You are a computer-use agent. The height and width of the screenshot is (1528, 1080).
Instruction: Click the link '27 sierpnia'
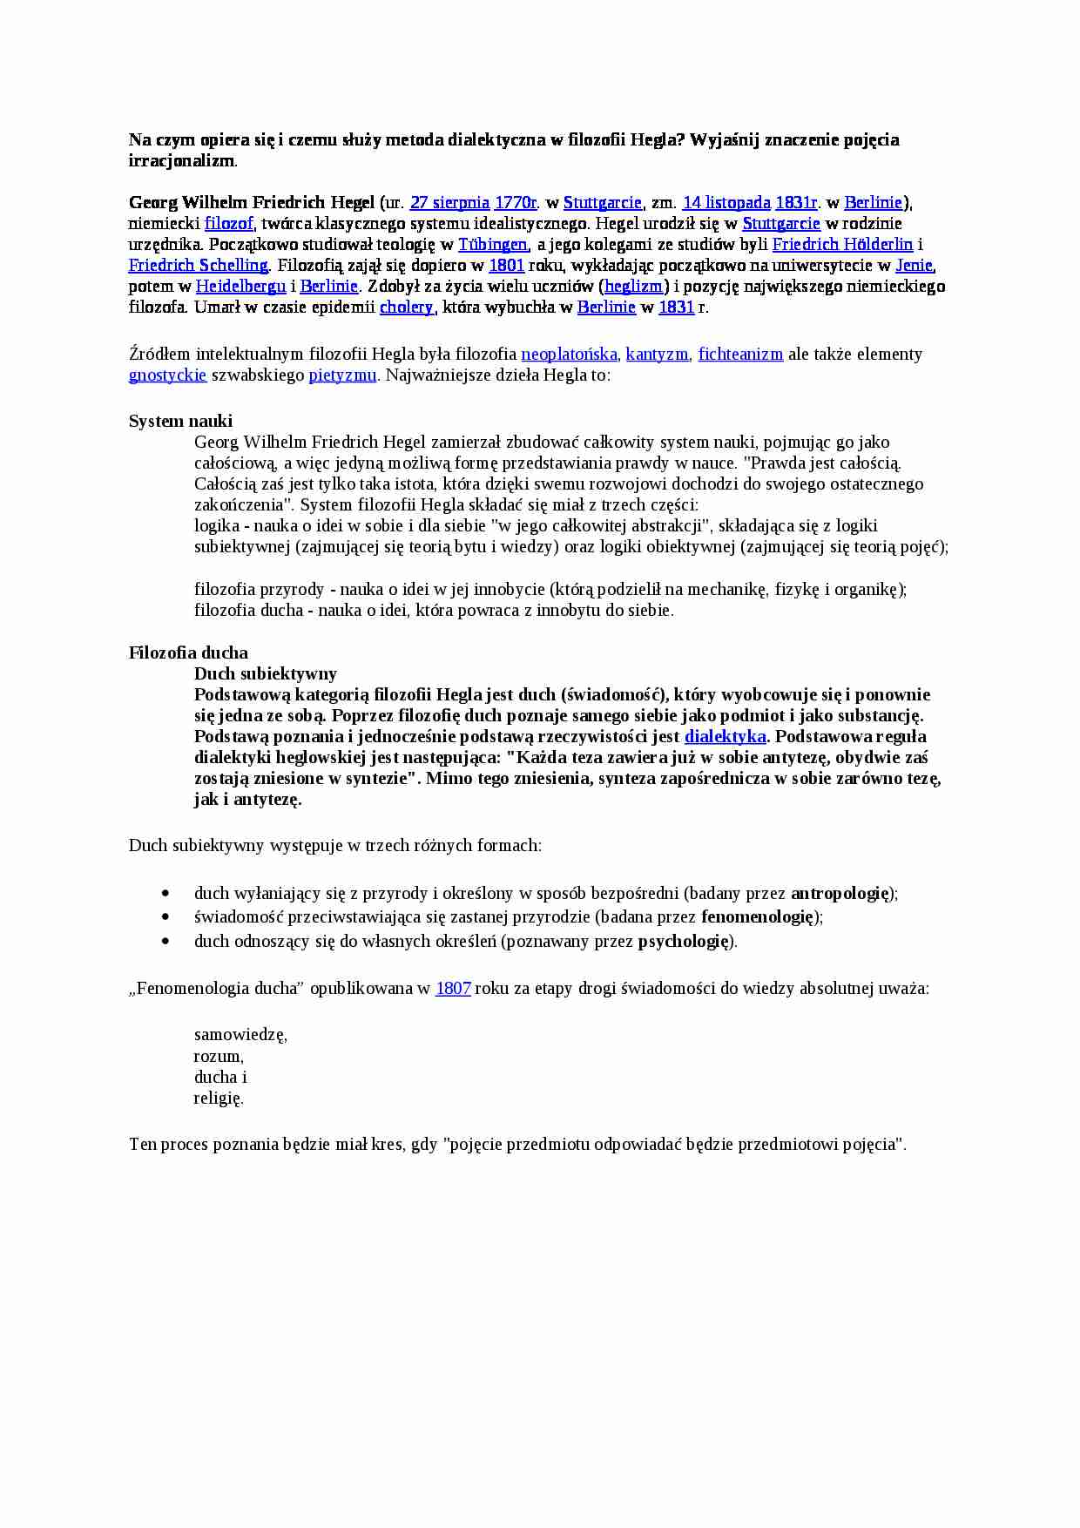pyautogui.click(x=449, y=203)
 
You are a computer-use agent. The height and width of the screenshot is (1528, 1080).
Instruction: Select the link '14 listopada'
pyautogui.click(x=726, y=203)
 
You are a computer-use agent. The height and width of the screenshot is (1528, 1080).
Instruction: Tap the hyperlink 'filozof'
pyautogui.click(x=229, y=224)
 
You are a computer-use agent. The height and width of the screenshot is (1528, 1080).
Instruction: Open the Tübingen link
pyautogui.click(x=493, y=245)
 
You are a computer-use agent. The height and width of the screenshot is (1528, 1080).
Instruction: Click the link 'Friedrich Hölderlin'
pyautogui.click(x=842, y=245)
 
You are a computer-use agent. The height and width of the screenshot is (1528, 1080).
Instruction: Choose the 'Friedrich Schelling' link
pyautogui.click(x=199, y=266)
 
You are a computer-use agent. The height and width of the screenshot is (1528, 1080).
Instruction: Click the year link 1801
pyautogui.click(x=506, y=266)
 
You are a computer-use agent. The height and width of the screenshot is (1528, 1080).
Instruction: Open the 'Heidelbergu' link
pyautogui.click(x=240, y=287)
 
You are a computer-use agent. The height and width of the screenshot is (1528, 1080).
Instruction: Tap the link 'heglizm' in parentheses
pyautogui.click(x=633, y=287)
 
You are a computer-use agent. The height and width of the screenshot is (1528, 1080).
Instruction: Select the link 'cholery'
pyautogui.click(x=406, y=308)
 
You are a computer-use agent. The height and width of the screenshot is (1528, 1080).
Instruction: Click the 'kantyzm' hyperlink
pyautogui.click(x=657, y=355)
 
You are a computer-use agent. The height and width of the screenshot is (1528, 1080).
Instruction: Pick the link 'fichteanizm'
pyautogui.click(x=740, y=355)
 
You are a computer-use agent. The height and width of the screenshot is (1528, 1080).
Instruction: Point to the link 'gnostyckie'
pyautogui.click(x=167, y=375)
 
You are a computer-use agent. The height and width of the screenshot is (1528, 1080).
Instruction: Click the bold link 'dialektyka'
pyautogui.click(x=726, y=737)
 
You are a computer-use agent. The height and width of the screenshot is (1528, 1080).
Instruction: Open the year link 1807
pyautogui.click(x=453, y=989)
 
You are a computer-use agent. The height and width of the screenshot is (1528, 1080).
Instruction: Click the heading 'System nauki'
pyautogui.click(x=180, y=422)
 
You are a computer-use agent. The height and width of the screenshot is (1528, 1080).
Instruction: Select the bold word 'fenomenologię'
pyautogui.click(x=758, y=917)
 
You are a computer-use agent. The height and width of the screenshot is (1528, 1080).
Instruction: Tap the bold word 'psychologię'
pyautogui.click(x=685, y=942)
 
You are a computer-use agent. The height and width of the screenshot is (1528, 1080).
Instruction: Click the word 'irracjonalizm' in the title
pyautogui.click(x=182, y=161)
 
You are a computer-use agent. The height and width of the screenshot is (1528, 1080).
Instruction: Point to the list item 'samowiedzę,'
pyautogui.click(x=240, y=1036)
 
